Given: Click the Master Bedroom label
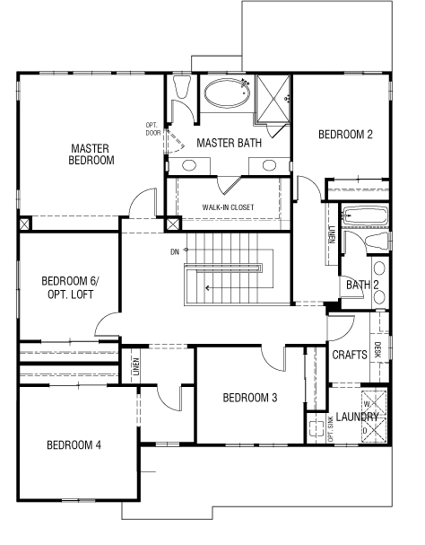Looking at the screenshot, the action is [x=91, y=154].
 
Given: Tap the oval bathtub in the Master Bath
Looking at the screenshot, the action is [x=227, y=92].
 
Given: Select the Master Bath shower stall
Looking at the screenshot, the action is [x=273, y=99].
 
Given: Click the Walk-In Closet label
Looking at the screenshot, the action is [x=228, y=207].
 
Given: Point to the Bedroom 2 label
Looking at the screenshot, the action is [x=345, y=135].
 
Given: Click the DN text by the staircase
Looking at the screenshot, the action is [x=175, y=251].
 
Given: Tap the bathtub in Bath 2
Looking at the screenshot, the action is [x=365, y=215].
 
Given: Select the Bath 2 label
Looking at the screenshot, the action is [x=362, y=285].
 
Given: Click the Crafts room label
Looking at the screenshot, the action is [x=350, y=355].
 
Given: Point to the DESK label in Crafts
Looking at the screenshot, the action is [x=378, y=349].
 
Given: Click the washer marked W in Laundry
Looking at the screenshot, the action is [x=374, y=404].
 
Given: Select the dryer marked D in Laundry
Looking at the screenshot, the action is [x=374, y=429].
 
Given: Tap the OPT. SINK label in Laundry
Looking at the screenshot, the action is [x=330, y=429].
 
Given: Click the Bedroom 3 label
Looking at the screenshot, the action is [x=250, y=398].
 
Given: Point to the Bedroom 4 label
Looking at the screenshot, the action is [x=74, y=445].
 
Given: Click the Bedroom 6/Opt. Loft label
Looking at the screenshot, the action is [x=71, y=288].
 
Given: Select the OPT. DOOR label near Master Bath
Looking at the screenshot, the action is [x=152, y=129].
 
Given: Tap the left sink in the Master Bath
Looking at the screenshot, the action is [x=189, y=165].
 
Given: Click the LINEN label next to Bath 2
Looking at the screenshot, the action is [x=333, y=234].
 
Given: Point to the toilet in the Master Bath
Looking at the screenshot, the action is [x=182, y=86].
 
